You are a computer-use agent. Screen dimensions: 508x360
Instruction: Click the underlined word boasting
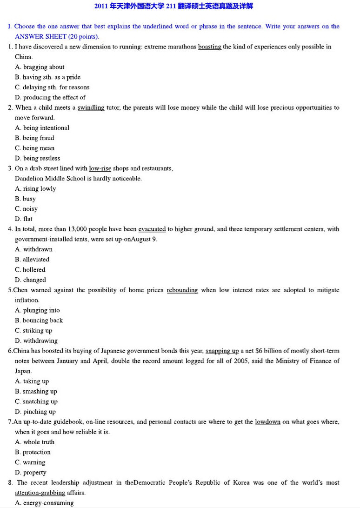coord(209,47)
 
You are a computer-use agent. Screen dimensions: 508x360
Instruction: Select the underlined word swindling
coord(91,108)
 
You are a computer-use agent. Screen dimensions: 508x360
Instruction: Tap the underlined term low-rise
coord(100,168)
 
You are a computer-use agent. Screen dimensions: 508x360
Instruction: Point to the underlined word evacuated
coord(152,229)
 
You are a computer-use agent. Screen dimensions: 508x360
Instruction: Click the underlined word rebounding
coord(182,290)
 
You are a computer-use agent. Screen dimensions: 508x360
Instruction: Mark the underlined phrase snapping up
coord(222,351)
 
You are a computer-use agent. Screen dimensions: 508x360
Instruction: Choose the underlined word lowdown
coord(267,422)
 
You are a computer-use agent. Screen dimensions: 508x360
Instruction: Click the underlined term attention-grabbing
coord(40,493)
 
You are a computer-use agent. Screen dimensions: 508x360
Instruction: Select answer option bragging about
coord(44,67)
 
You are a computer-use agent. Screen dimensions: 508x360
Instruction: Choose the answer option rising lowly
coord(40,189)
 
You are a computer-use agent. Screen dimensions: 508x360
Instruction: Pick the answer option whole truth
coord(39,442)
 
